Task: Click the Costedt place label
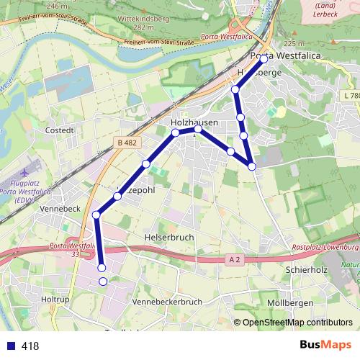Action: point(60,130)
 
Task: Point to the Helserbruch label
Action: point(169,237)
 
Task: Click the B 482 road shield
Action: point(127,143)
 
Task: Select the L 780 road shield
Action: point(351,96)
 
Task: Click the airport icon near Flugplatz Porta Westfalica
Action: point(27,174)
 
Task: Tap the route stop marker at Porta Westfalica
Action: point(264,59)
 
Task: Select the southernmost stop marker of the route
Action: point(102,282)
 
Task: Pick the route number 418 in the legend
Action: point(30,346)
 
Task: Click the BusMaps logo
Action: point(325,345)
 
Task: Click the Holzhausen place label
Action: point(194,123)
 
